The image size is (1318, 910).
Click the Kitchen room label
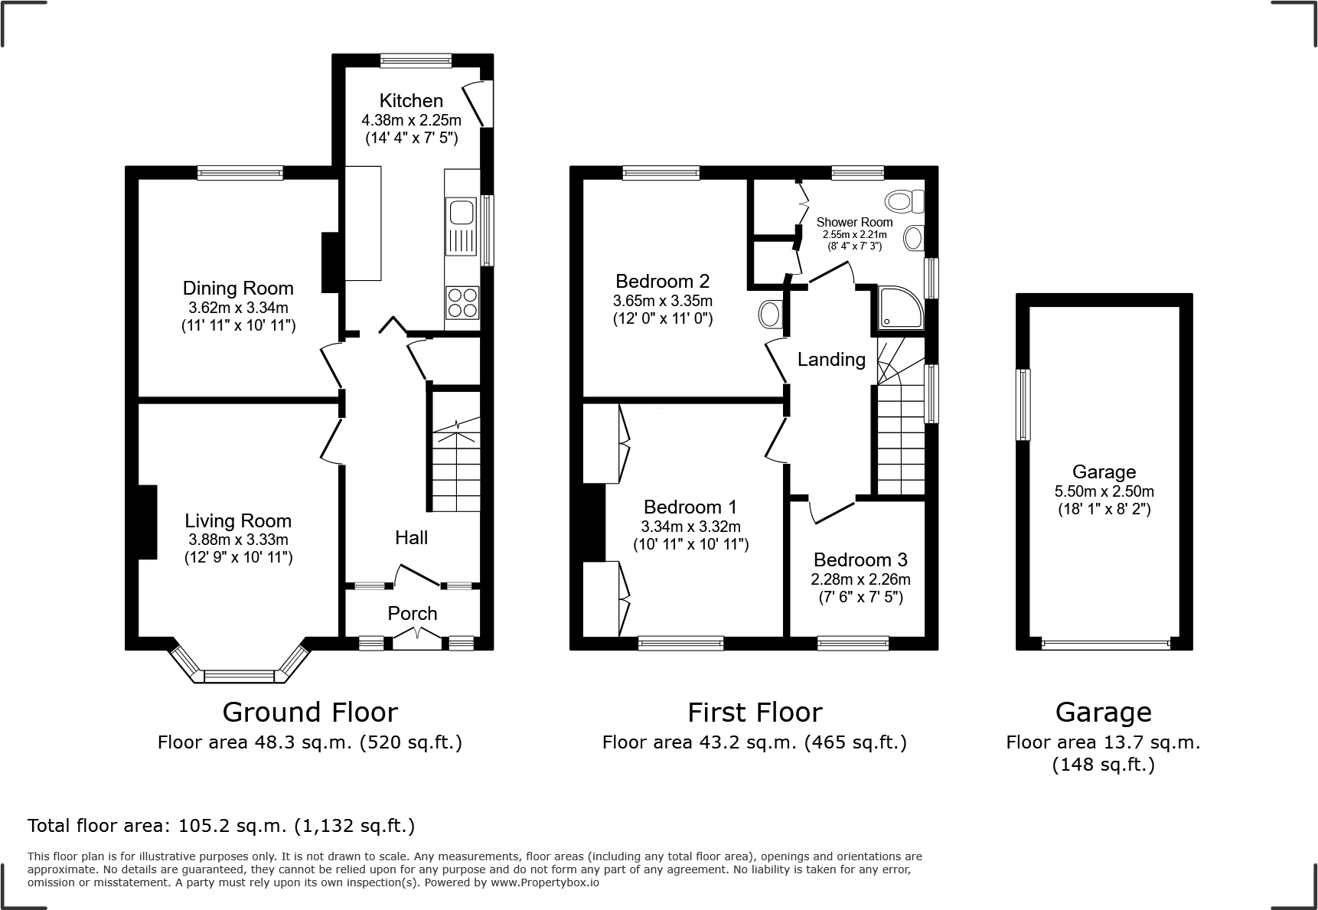(x=411, y=101)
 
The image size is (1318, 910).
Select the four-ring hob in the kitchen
(x=462, y=301)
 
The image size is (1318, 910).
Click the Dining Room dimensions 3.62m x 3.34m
(x=238, y=308)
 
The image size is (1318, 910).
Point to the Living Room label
(x=238, y=521)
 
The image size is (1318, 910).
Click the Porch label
(x=413, y=614)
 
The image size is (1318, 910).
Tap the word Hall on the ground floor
(x=411, y=538)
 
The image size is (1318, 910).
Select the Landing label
(x=831, y=360)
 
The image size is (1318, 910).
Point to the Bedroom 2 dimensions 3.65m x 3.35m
(x=662, y=302)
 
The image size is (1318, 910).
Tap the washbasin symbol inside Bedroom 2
(x=769, y=314)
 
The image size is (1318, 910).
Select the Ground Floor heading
(x=310, y=713)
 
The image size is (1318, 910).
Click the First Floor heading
(x=755, y=713)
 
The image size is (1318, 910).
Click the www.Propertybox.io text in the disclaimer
(x=544, y=882)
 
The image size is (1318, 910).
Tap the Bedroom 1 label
(x=690, y=507)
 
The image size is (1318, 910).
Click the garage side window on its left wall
(x=1023, y=405)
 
